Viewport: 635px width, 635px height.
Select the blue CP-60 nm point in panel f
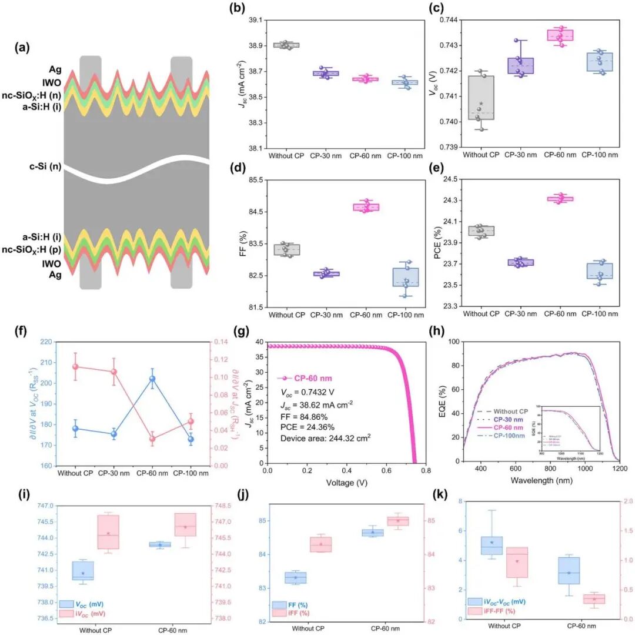pos(152,379)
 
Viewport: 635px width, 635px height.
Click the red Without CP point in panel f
pos(75,367)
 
